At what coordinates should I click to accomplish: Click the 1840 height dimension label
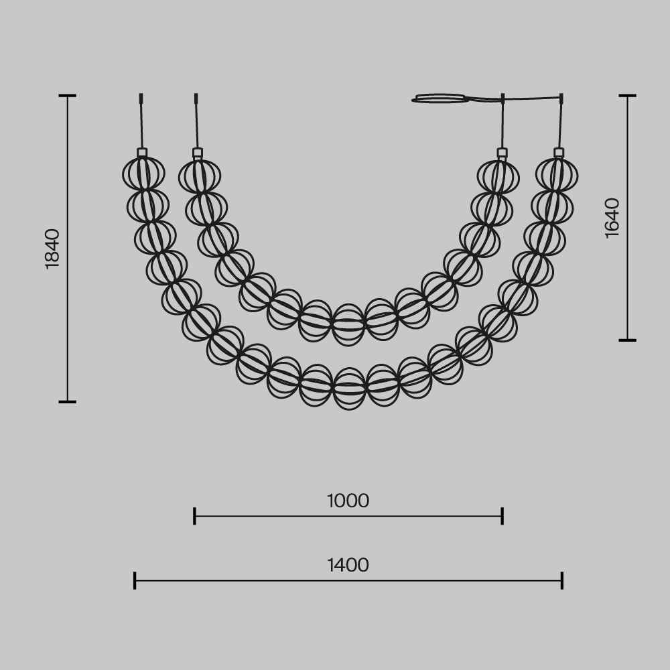[52, 249]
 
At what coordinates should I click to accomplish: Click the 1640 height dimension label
[612, 218]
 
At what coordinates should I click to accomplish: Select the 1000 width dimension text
[348, 501]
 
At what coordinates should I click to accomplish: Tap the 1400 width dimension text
[348, 565]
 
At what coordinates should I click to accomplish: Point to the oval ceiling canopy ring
[441, 98]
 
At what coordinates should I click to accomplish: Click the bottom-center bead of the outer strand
[349, 389]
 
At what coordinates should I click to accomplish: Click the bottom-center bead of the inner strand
[348, 325]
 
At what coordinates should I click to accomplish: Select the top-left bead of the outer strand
[143, 174]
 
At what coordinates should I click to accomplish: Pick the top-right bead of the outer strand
[557, 174]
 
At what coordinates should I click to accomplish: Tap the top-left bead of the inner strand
[200, 176]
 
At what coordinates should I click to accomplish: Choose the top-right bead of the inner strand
[498, 176]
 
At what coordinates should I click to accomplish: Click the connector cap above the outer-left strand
[142, 153]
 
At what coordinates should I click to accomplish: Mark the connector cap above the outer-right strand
[559, 153]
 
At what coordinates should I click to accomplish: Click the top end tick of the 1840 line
[67, 96]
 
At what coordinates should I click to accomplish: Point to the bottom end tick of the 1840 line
[67, 402]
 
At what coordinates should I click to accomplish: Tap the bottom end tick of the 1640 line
[627, 340]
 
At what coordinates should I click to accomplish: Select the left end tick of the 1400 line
[135, 580]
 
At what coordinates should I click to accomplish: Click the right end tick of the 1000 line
[503, 516]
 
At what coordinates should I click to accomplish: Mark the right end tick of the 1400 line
[562, 580]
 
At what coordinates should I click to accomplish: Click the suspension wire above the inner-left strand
[196, 124]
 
